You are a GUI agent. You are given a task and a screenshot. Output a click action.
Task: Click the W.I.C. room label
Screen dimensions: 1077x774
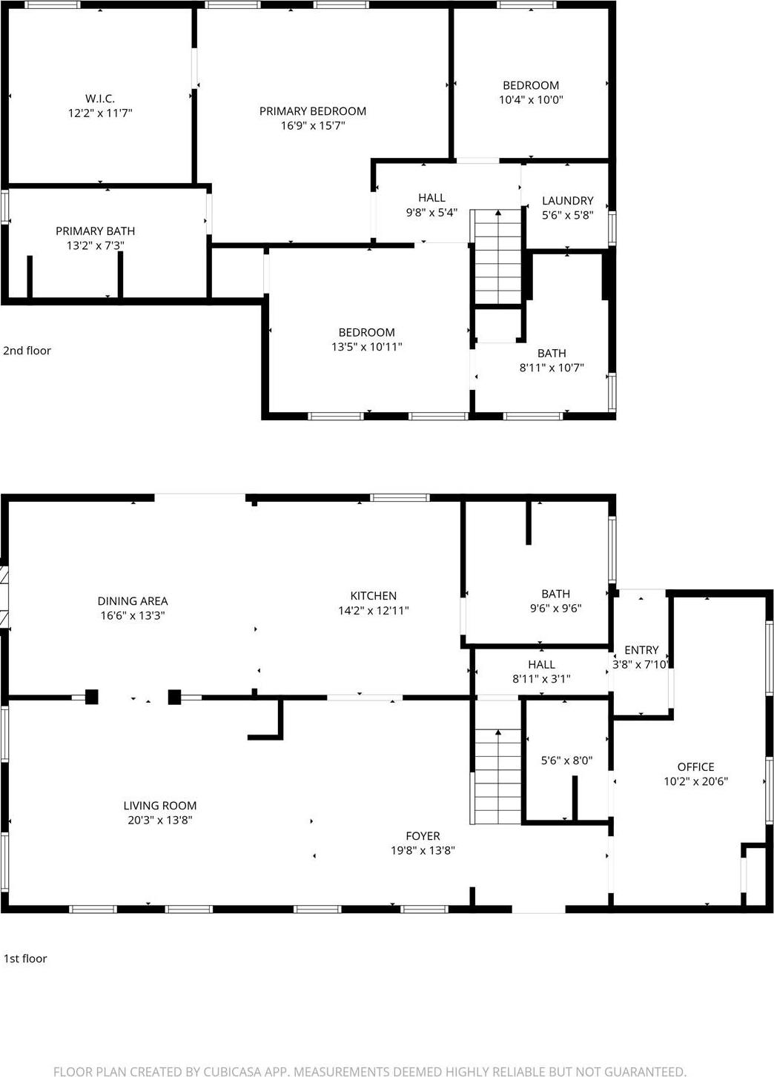pos(99,99)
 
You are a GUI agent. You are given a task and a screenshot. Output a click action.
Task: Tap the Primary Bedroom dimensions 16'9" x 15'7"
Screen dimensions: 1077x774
pos(312,126)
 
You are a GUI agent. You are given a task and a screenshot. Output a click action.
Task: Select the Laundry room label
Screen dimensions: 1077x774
pos(567,201)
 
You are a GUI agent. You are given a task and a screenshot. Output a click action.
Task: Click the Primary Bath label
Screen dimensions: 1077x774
pos(95,231)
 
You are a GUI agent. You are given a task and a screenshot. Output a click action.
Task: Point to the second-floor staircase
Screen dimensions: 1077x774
pos(498,256)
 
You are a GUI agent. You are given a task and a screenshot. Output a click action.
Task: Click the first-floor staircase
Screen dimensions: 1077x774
pos(497,775)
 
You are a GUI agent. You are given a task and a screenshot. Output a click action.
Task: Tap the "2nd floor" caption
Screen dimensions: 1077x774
pos(27,351)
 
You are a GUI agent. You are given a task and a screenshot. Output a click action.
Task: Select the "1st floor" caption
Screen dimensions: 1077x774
pos(25,958)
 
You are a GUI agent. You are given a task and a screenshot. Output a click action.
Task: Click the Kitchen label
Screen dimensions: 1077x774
pos(373,596)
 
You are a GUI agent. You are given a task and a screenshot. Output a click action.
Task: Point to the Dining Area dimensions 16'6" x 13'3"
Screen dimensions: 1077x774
pos(133,615)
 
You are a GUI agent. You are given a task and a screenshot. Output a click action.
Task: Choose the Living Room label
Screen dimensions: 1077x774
pos(159,806)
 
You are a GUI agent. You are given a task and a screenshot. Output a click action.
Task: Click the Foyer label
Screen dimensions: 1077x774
pos(423,836)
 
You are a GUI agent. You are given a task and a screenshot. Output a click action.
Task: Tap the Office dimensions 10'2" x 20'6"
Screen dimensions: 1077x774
pos(695,781)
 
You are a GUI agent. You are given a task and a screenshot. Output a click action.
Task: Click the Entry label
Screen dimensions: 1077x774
pos(641,650)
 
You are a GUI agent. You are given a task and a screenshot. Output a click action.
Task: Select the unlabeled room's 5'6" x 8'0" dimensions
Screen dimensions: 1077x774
pos(566,760)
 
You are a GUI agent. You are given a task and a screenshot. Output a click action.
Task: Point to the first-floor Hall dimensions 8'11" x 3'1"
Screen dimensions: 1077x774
pos(541,678)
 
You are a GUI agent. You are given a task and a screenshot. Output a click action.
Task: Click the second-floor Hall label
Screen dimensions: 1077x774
pos(431,198)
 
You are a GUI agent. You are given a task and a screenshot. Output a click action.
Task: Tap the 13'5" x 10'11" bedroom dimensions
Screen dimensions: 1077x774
pos(366,346)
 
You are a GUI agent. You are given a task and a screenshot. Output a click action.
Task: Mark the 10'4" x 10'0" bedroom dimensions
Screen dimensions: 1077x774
pos(531,99)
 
